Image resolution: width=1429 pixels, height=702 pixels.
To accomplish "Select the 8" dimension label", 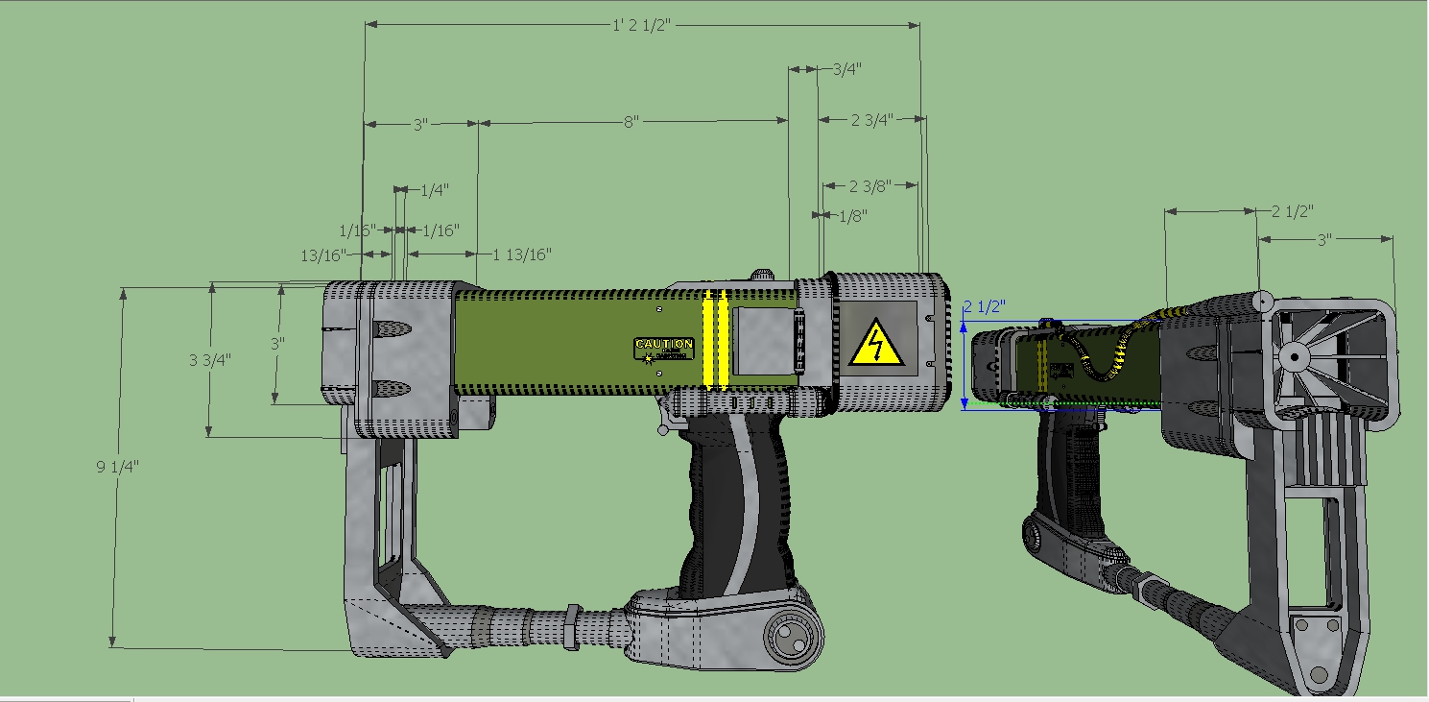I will pos(631,122).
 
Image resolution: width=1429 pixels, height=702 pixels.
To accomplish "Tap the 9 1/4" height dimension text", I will pos(117,467).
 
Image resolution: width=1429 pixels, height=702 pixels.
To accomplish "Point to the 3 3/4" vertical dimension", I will pos(209,360).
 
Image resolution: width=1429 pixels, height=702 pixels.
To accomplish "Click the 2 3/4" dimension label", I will pos(871,119).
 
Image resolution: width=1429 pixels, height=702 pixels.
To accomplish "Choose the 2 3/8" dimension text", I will pos(871,185).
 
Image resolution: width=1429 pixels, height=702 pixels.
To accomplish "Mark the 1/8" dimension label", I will pos(852,216).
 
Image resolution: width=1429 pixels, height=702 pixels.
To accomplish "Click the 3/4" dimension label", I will pos(846,69).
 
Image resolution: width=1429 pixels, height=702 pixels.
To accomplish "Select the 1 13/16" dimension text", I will pos(522,254).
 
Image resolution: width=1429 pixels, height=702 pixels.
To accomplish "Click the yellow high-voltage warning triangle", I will pos(875,344).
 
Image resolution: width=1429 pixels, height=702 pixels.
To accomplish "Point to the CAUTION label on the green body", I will pos(663,344).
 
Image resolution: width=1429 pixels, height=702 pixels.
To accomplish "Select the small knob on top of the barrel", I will pos(761,276).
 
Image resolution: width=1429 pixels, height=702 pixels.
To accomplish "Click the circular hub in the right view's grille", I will pos(1293,357).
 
